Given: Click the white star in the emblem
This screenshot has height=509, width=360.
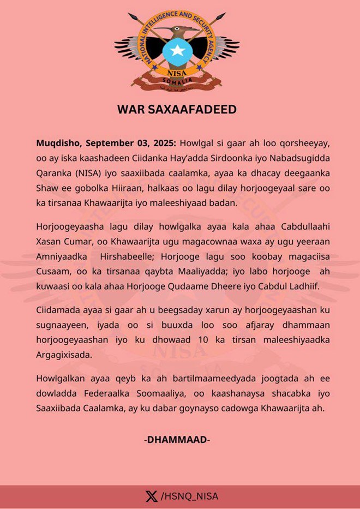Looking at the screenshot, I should (177, 51).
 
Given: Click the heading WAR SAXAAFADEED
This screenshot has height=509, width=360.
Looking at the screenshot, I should (177, 109).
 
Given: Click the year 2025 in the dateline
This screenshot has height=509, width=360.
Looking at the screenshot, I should (160, 143).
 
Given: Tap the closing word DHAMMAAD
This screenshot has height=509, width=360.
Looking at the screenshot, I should (177, 439).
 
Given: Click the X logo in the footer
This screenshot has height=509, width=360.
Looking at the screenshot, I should (151, 496).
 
